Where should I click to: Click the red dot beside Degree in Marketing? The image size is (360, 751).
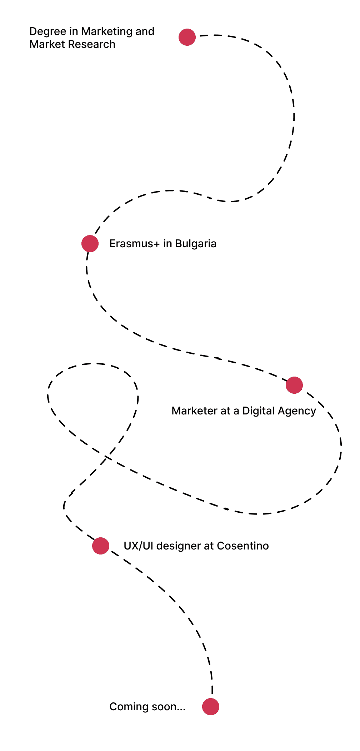point(187,37)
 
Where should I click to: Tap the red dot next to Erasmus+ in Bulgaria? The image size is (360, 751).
point(90,244)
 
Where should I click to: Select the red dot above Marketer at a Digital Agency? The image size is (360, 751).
point(294,385)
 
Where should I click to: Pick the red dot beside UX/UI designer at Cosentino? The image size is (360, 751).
point(101,546)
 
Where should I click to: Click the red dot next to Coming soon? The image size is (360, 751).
point(211,707)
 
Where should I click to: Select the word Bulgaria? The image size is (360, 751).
point(196,244)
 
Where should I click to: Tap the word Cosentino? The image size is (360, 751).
point(243,546)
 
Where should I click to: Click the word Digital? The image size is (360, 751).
point(258,411)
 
